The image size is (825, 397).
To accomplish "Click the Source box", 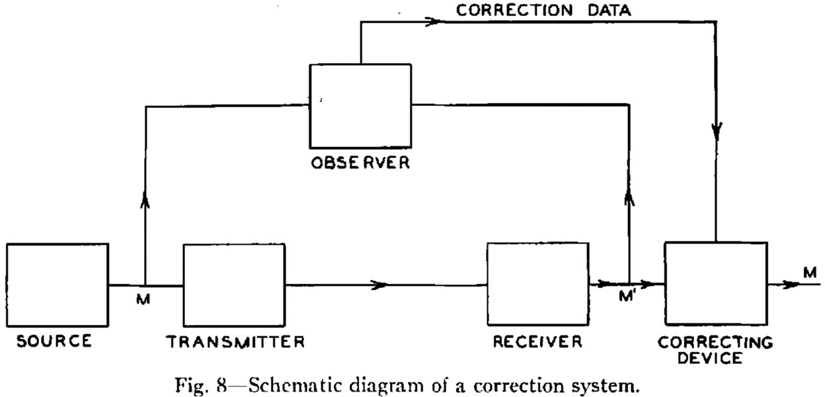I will (x=58, y=285).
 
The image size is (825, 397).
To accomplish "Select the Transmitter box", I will (x=234, y=286).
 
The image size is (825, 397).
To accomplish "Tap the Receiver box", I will (x=537, y=285).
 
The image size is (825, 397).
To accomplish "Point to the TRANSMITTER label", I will (x=235, y=342).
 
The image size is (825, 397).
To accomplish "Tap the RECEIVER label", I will (x=537, y=342).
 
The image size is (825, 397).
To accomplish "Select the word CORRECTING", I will (x=716, y=343).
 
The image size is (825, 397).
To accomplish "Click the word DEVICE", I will (x=716, y=358).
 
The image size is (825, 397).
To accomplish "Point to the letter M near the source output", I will (x=144, y=298).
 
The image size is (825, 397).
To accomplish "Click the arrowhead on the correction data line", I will (x=433, y=22).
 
